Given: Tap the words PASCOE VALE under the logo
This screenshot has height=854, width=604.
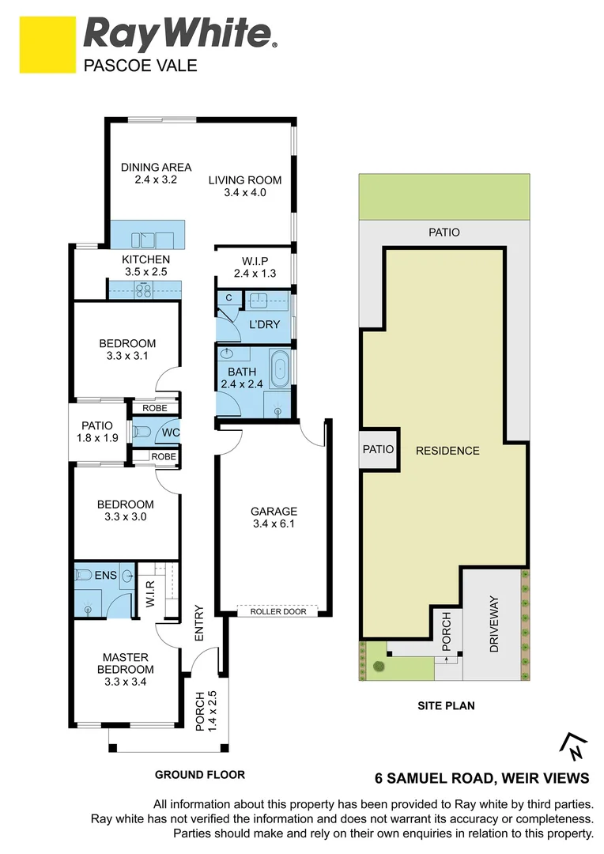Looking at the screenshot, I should (140, 66).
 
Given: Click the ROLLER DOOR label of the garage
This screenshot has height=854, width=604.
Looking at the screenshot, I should (277, 611).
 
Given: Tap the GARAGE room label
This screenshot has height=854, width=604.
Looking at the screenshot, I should (274, 511).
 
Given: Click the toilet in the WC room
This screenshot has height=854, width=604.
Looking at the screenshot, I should (142, 433).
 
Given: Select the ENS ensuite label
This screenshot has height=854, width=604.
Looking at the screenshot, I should (106, 575).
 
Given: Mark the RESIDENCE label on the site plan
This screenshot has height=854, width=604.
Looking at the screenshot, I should (447, 451).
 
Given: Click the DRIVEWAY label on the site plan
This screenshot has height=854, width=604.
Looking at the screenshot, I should (495, 623).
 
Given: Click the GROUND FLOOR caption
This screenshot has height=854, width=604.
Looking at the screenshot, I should (200, 775).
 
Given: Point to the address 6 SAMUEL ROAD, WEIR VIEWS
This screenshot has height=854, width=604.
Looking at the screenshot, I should (481, 778).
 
